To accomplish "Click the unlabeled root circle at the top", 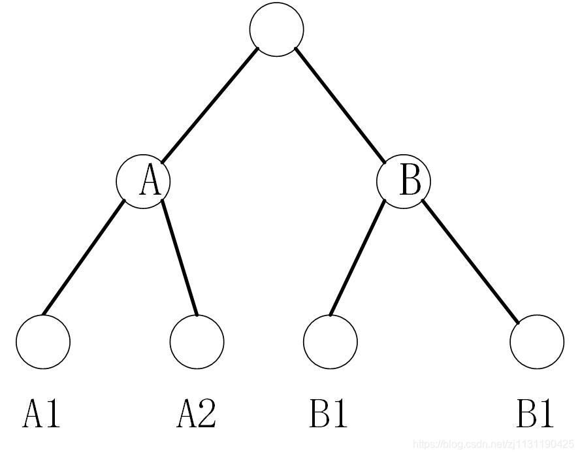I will (276, 29).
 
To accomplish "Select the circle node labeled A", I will (143, 181).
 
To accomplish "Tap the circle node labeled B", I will (404, 181).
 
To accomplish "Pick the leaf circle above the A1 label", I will (43, 342).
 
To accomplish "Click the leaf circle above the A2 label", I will (197, 342).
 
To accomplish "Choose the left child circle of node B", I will (330, 342).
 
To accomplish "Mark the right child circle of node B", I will (536, 342).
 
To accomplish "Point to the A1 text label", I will (41, 414).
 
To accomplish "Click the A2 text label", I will (196, 414).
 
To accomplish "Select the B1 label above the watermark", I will (535, 414).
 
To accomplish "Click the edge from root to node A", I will (209, 105).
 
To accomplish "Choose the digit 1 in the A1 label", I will (52, 414).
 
